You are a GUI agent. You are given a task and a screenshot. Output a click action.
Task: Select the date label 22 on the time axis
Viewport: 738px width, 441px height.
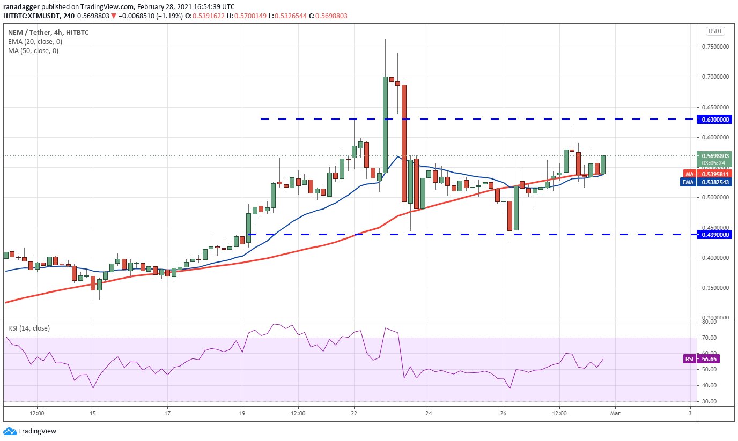(354, 413)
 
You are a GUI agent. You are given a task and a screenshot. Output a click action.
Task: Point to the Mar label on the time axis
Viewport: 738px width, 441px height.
(616, 413)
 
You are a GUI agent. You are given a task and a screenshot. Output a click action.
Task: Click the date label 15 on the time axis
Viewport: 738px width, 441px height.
(93, 413)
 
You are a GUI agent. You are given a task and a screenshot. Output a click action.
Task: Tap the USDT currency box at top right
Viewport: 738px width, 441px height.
(715, 31)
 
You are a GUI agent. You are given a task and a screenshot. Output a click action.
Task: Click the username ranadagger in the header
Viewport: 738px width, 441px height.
(22, 6)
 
